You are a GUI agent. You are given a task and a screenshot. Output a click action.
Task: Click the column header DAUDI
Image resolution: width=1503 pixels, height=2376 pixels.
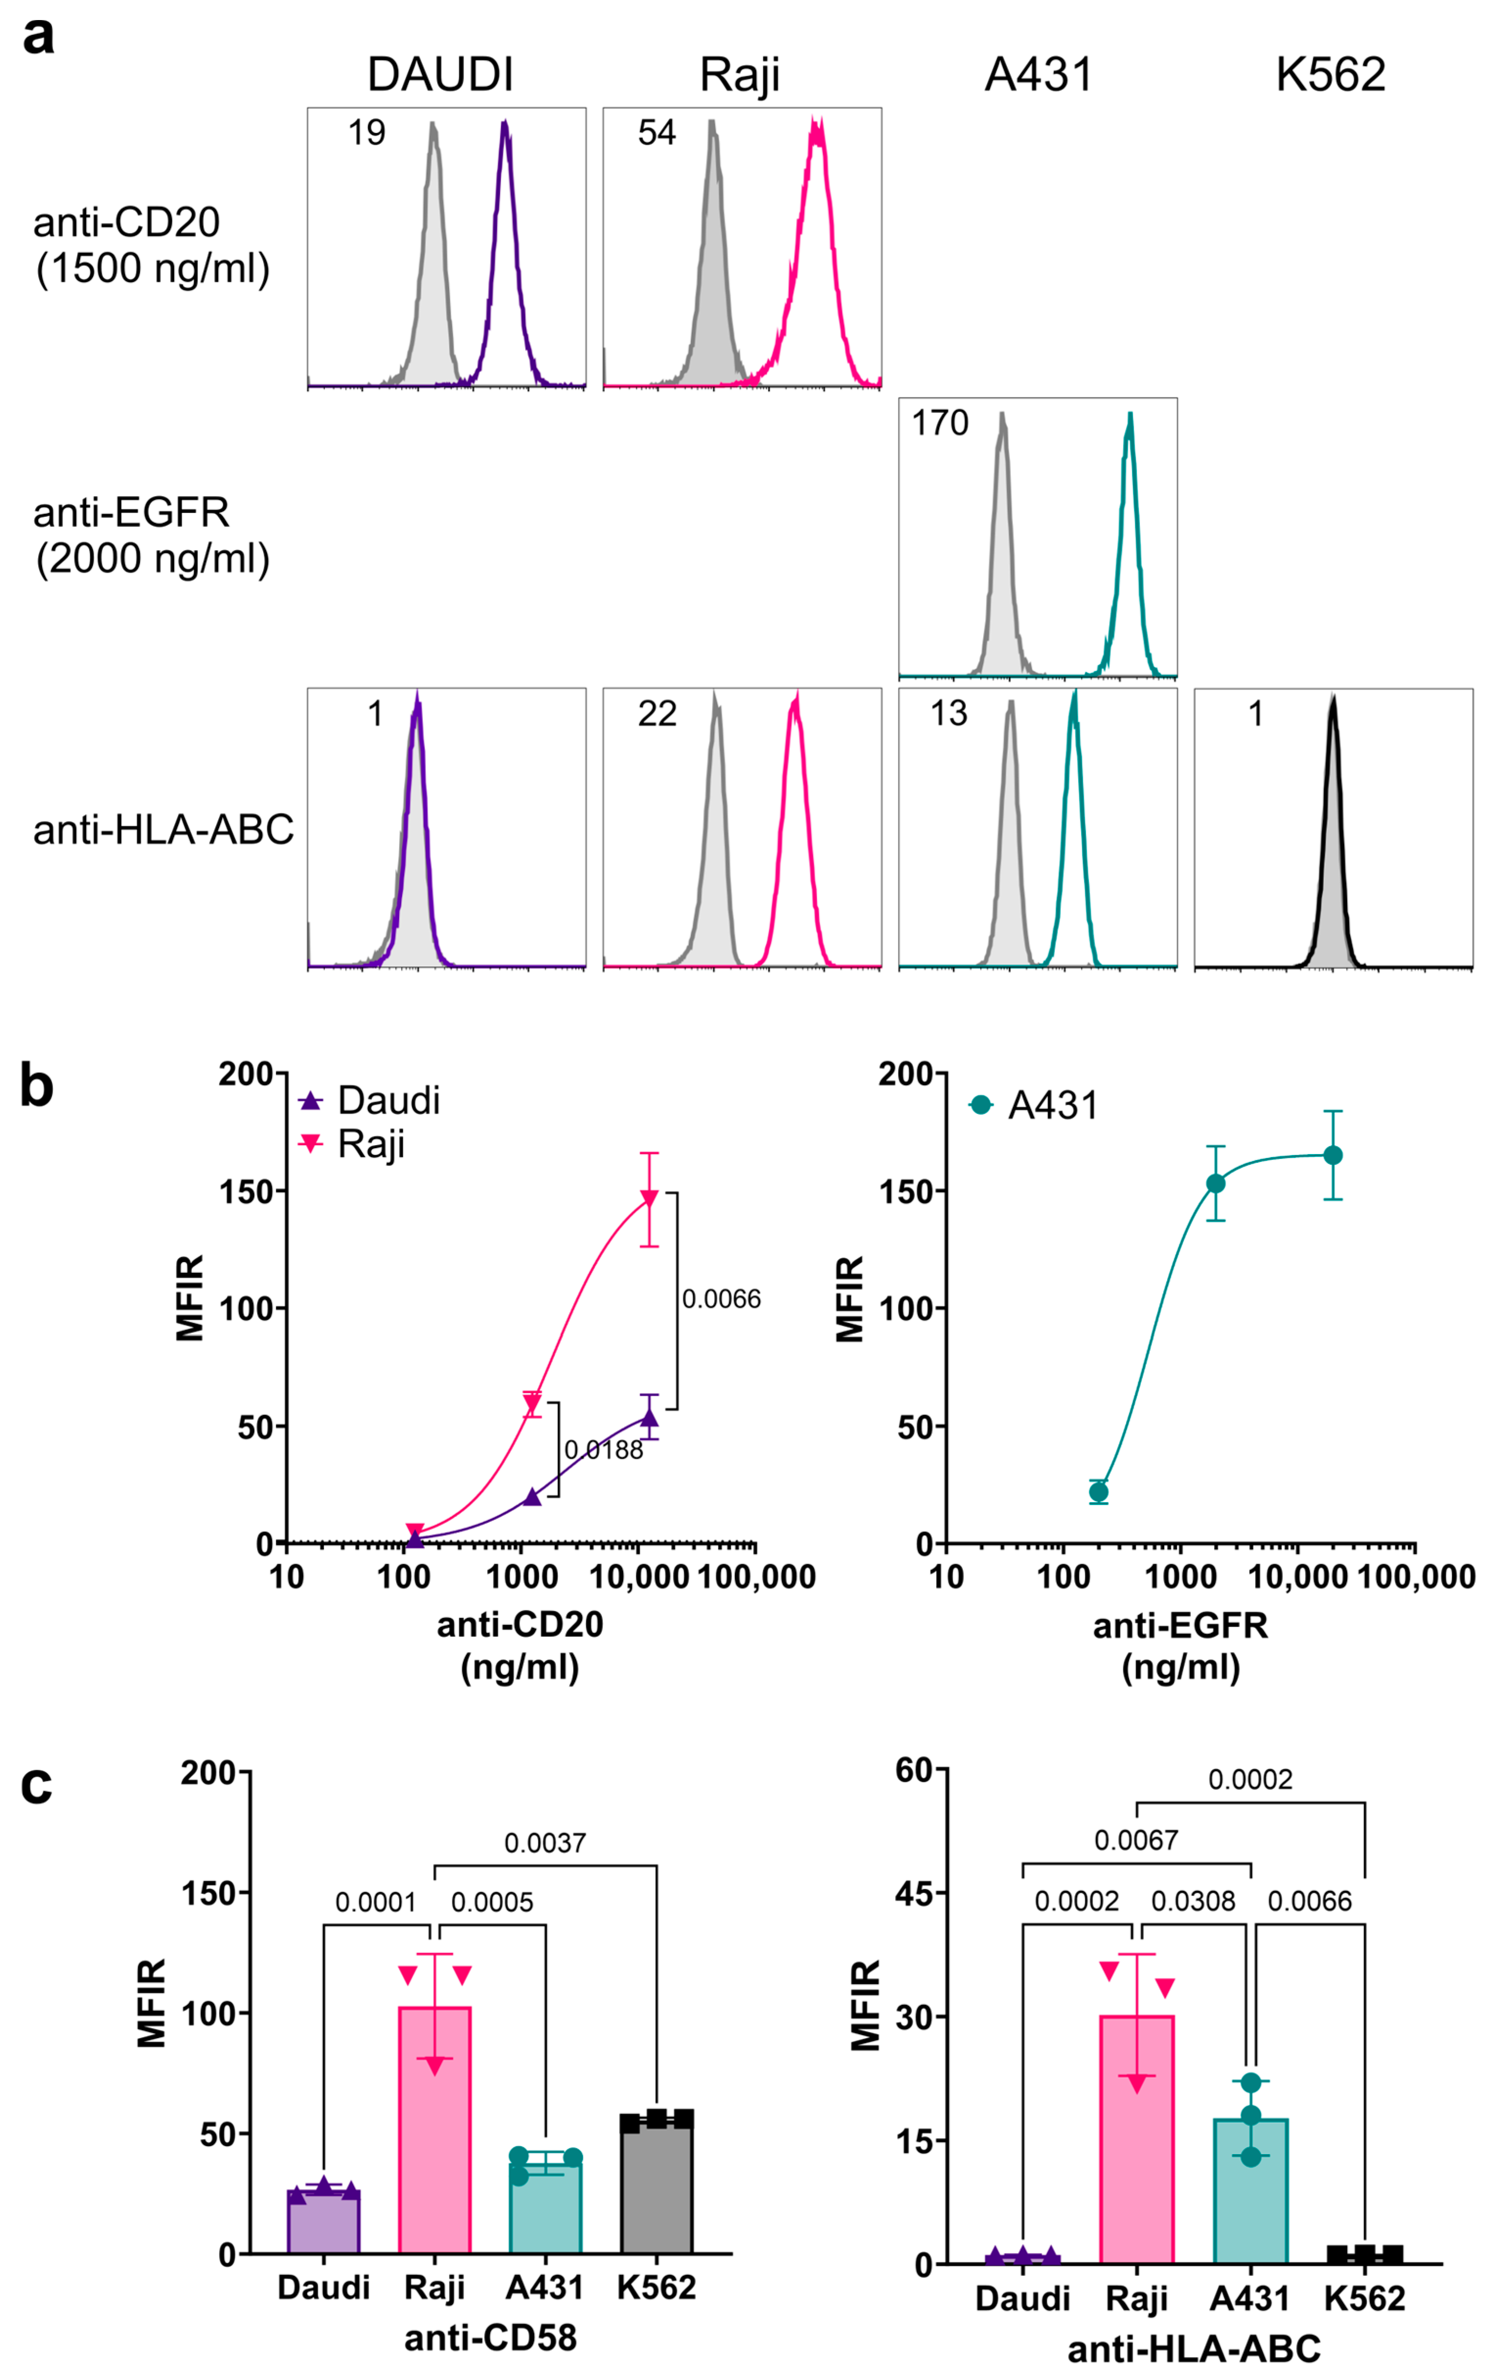[440, 75]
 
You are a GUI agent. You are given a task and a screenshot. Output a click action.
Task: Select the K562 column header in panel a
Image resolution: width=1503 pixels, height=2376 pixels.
[1330, 75]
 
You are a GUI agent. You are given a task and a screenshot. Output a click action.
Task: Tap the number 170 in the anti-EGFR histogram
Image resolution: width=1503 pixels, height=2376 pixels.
[940, 423]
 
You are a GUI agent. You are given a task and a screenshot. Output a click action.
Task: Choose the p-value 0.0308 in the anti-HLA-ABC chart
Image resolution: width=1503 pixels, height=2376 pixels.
[1193, 1900]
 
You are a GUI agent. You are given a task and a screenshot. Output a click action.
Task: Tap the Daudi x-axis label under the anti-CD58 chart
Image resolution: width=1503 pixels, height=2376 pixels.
[324, 2287]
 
